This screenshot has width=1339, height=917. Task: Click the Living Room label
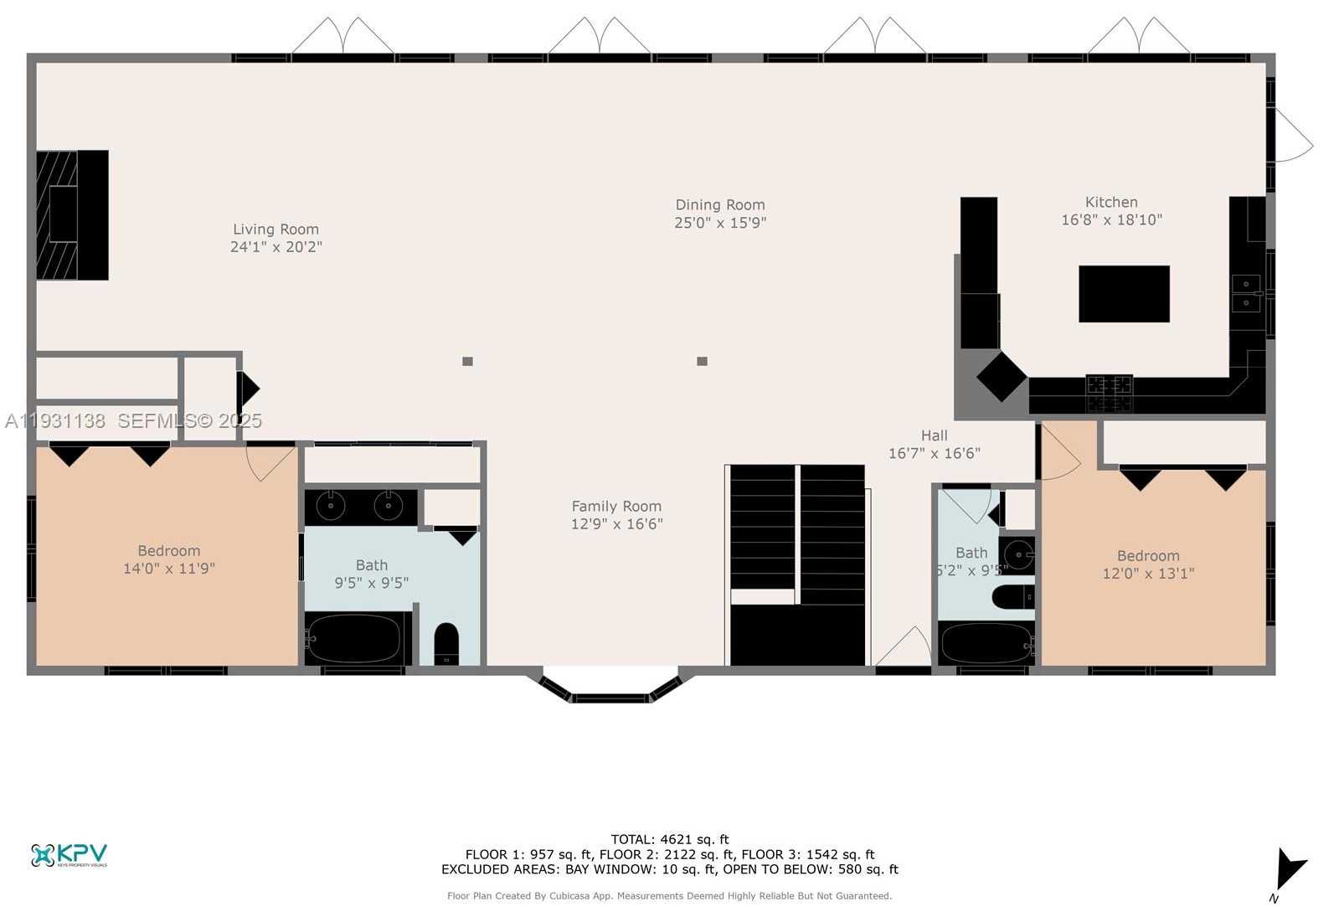276,229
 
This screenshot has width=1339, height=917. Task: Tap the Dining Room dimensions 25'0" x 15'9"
720,223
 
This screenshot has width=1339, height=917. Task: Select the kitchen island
1124,294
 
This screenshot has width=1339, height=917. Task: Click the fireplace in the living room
72,215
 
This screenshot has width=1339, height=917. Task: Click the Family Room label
616,506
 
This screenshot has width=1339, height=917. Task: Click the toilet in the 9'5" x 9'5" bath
446,642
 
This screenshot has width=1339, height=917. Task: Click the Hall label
934,435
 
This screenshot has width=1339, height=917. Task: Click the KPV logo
70,855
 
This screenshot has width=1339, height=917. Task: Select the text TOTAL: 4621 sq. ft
670,839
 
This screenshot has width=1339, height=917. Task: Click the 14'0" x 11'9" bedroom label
169,559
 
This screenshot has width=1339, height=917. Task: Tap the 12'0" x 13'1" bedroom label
1148,564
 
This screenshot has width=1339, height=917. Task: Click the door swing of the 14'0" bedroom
268,461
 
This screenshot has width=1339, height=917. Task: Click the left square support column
467,362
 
